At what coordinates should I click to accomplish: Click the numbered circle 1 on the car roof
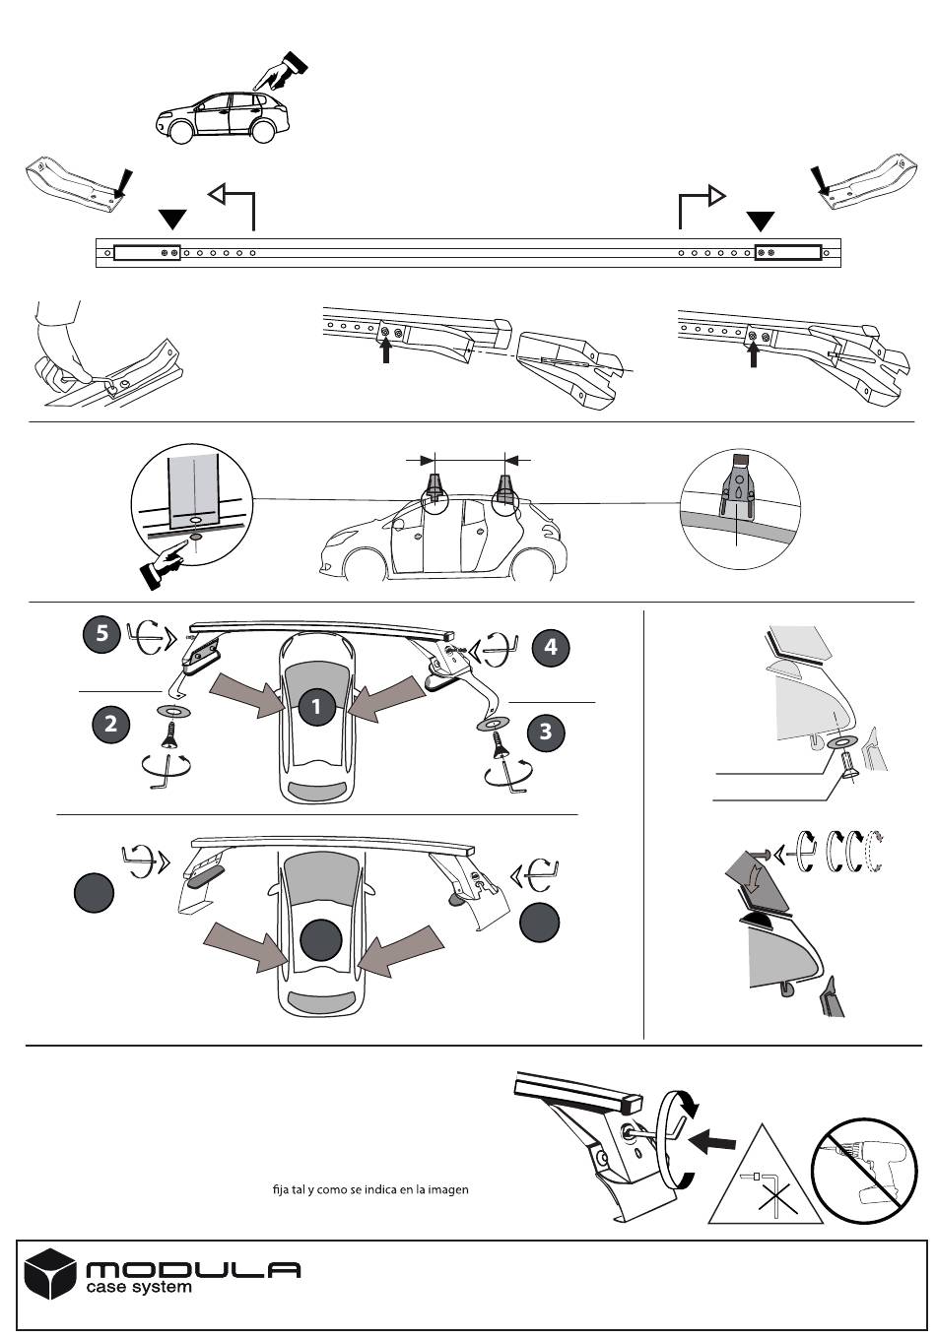316,706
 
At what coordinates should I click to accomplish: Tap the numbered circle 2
110,725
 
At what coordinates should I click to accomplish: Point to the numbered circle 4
551,647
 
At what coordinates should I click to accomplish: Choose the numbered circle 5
101,633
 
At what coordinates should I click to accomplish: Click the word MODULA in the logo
193,1270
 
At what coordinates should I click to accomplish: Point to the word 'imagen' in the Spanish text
446,1189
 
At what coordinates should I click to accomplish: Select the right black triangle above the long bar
761,221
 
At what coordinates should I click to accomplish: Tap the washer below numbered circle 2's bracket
172,710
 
